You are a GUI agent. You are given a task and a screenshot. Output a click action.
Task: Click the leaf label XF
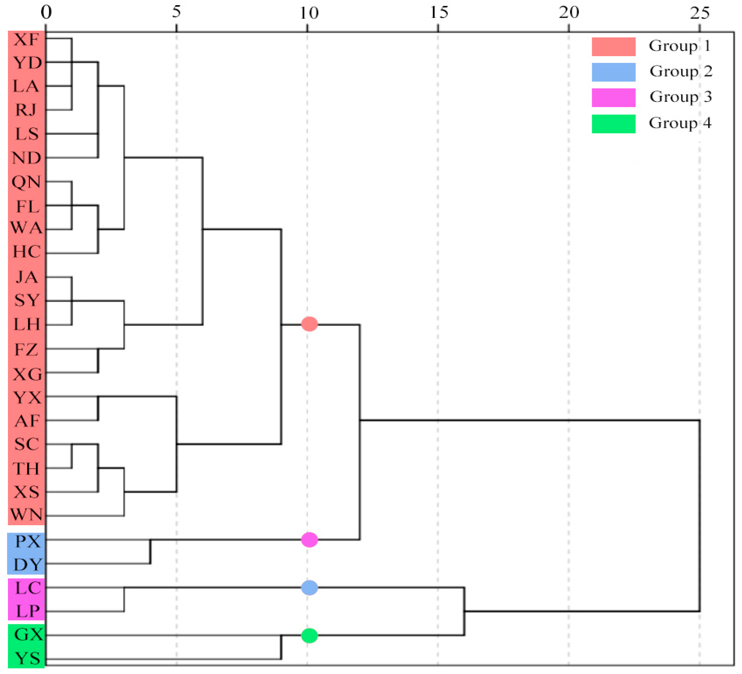[26, 39]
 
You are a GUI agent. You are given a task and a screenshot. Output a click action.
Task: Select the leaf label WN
[26, 515]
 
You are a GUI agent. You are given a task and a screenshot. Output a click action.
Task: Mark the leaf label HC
[27, 252]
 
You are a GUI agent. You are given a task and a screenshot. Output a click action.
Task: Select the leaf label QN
[26, 182]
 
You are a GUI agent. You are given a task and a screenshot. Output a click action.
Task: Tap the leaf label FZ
[26, 350]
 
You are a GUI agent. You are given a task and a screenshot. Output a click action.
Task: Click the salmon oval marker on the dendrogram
[309, 324]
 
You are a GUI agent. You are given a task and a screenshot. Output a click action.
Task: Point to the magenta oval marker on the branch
[309, 540]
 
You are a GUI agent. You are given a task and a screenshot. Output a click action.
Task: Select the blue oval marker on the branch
[309, 588]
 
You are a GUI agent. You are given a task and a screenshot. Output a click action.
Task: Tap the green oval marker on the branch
[309, 636]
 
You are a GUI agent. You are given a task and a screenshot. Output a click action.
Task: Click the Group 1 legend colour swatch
[613, 47]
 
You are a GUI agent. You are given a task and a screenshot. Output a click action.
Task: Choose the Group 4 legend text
[680, 123]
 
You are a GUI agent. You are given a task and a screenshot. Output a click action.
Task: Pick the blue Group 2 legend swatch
[613, 72]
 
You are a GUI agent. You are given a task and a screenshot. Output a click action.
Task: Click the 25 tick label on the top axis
[699, 13]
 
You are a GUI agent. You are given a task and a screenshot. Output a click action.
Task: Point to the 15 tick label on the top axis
[439, 13]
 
